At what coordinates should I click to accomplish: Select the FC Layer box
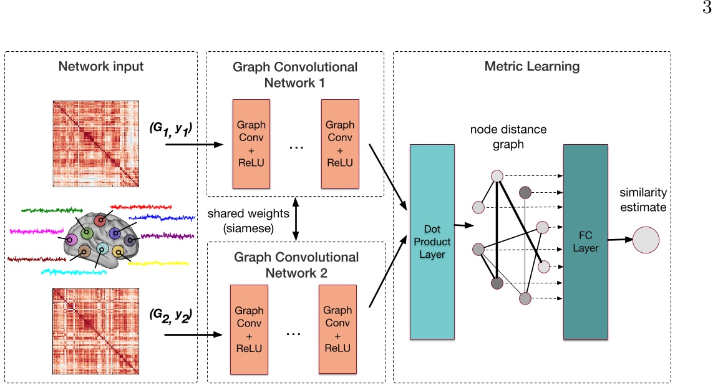[585, 241]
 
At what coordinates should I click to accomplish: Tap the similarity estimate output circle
[646, 240]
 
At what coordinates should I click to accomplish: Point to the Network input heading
[101, 66]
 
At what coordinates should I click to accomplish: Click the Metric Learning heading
[532, 66]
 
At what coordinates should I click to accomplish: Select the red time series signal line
[143, 205]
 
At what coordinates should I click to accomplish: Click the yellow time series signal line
[160, 263]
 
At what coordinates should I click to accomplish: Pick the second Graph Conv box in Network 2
[337, 329]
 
